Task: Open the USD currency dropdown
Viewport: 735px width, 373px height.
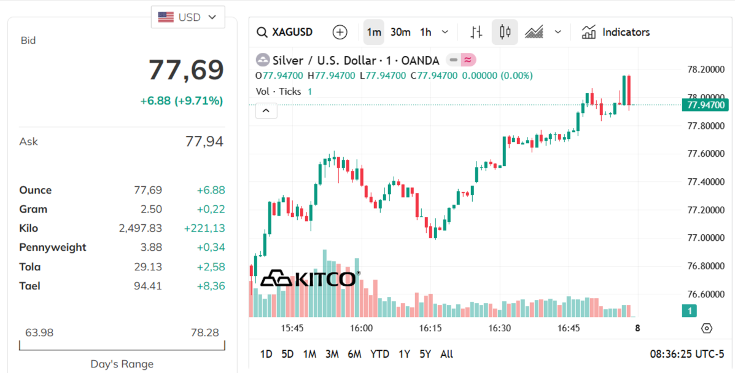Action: click(x=188, y=17)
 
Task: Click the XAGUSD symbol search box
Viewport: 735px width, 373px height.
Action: click(x=286, y=32)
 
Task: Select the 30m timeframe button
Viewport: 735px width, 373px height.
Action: click(x=400, y=32)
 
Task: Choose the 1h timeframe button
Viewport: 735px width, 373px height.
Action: click(x=426, y=32)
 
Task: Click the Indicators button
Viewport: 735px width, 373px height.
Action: click(x=616, y=32)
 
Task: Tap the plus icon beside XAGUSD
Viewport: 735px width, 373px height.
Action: click(x=340, y=32)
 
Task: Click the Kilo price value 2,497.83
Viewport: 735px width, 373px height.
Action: click(x=141, y=228)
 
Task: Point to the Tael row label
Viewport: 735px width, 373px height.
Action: click(x=29, y=286)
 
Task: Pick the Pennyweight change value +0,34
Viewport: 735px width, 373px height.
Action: click(x=211, y=247)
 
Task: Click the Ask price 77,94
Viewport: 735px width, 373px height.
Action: click(x=204, y=141)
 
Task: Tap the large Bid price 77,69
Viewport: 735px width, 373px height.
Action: click(x=186, y=70)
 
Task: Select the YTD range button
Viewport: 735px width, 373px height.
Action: click(x=379, y=354)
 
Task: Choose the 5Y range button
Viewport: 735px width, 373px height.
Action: click(x=425, y=354)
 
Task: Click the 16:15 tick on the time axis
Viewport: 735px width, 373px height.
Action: click(x=430, y=328)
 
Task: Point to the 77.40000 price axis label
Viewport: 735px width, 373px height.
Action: click(x=706, y=182)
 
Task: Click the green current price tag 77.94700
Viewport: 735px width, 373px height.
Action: click(x=705, y=105)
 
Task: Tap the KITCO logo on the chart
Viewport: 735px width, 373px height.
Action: click(x=308, y=279)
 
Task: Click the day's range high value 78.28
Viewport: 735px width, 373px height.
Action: click(x=204, y=332)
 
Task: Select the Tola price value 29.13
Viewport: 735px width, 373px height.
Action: click(x=148, y=267)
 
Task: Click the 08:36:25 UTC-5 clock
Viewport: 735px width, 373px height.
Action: click(x=687, y=354)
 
